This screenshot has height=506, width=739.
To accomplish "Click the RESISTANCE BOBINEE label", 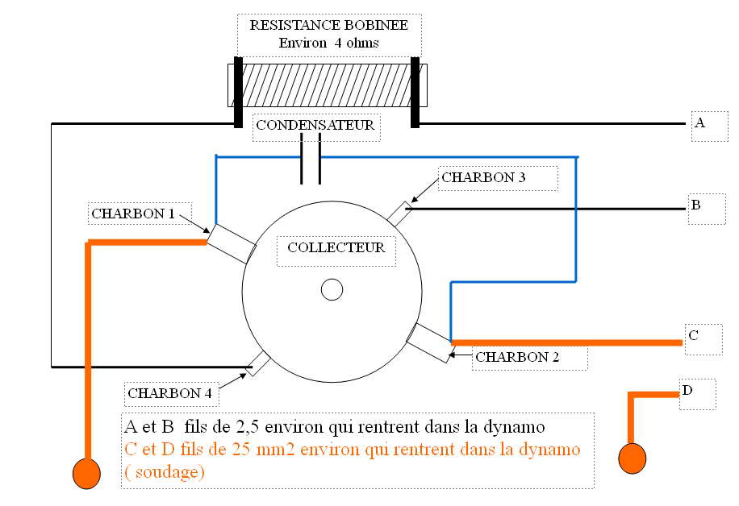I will click(x=328, y=25).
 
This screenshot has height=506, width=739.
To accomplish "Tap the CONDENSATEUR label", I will click(x=315, y=126).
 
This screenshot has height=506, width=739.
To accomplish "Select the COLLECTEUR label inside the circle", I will click(x=336, y=247).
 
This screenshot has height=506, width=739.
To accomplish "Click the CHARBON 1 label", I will click(x=133, y=214).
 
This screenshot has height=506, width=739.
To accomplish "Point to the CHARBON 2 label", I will click(x=517, y=356).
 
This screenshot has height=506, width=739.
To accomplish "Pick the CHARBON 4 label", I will click(x=169, y=394).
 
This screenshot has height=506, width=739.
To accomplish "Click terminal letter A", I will click(x=699, y=123).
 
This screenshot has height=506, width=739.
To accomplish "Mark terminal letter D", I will click(x=687, y=391).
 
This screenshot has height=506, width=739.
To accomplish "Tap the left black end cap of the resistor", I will click(x=238, y=92).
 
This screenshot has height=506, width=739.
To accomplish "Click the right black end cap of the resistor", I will click(x=415, y=92).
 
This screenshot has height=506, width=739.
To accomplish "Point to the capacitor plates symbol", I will click(x=311, y=158).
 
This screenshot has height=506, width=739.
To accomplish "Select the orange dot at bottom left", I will click(x=86, y=473).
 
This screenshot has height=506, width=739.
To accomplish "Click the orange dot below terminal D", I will click(x=632, y=458).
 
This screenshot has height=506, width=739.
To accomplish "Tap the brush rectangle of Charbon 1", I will click(x=230, y=243).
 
